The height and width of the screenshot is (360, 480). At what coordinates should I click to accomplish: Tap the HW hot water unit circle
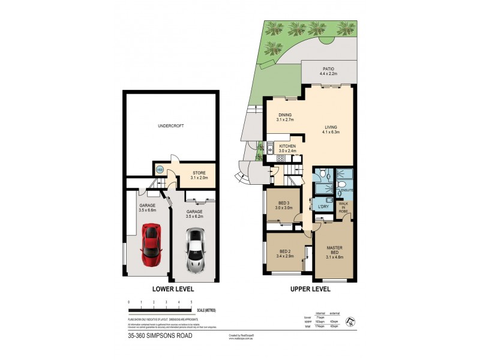[x=160, y=170]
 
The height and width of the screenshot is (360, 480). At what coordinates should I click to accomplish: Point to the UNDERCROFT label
[x=170, y=126]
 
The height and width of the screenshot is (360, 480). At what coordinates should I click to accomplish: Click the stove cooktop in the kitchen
[x=280, y=159]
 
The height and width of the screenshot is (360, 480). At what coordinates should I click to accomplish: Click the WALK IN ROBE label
[x=344, y=207]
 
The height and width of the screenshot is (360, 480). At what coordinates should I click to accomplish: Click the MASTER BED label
[x=334, y=251]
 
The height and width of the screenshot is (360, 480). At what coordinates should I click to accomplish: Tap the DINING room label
[x=284, y=115]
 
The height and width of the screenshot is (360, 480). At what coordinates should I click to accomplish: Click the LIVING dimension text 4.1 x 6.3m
[x=331, y=132]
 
